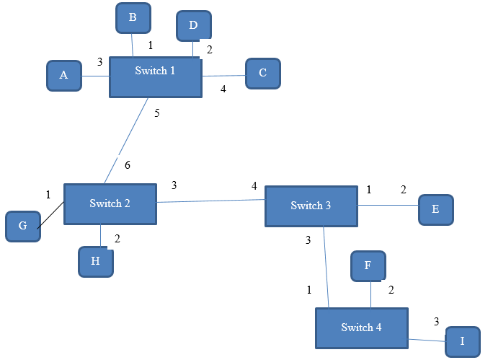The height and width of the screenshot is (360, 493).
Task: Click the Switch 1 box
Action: pyautogui.click(x=155, y=77)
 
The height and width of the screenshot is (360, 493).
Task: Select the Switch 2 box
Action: pyautogui.click(x=110, y=203)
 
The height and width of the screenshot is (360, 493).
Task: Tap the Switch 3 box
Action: pyautogui.click(x=311, y=206)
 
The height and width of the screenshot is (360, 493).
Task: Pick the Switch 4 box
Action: pyautogui.click(x=361, y=328)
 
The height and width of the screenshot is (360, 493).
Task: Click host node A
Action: pyautogui.click(x=63, y=76)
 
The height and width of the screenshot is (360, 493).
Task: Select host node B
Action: pyautogui.click(x=133, y=18)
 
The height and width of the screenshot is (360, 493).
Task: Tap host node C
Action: pyautogui.click(x=262, y=73)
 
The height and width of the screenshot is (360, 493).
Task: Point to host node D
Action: pyautogui.click(x=193, y=26)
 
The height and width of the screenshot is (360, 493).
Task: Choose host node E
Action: pyautogui.click(x=435, y=209)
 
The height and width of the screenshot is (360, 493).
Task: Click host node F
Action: pyautogui.click(x=368, y=265)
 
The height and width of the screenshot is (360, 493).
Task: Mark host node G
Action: pyautogui.click(x=22, y=226)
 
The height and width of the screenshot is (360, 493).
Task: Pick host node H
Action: pyautogui.click(x=96, y=261)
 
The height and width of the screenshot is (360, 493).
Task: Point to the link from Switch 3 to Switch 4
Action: pyautogui.click(x=327, y=267)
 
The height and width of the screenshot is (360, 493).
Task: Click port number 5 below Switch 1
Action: pyautogui.click(x=157, y=113)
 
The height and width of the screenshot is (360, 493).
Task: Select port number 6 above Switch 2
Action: pyautogui.click(x=128, y=165)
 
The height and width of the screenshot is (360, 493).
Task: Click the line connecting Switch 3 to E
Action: pyautogui.click(x=388, y=206)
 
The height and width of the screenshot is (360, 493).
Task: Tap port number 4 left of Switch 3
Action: pyautogui.click(x=254, y=186)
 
